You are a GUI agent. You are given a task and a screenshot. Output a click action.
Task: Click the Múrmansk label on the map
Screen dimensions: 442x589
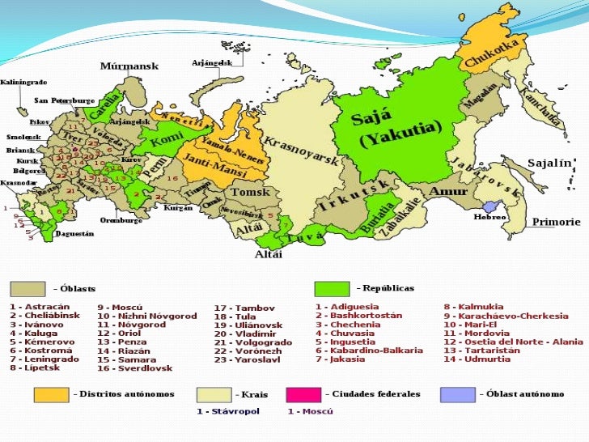click(x=129, y=66)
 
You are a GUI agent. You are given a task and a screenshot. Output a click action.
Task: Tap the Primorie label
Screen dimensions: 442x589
click(x=556, y=221)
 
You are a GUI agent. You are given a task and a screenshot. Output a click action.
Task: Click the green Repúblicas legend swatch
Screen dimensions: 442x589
click(x=331, y=289)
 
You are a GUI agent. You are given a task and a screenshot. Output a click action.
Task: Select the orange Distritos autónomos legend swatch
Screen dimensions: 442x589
click(x=51, y=394)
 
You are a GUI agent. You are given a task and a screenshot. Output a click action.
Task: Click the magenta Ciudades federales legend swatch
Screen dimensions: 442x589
click(x=303, y=394)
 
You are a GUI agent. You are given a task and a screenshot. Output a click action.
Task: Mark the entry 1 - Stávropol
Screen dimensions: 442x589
click(x=230, y=411)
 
